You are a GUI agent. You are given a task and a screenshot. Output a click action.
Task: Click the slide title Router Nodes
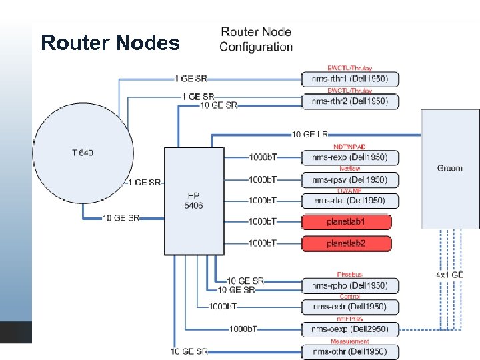coord(110,43)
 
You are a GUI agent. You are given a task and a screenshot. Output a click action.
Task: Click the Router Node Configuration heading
coord(256,39)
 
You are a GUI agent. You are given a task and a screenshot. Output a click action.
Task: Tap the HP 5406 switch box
coord(194,200)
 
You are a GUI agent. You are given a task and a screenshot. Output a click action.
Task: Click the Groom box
coord(449,169)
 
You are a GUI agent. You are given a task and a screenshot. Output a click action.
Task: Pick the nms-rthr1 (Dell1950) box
coord(350,79)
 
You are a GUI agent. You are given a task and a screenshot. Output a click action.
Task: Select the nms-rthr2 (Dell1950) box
coord(350,101)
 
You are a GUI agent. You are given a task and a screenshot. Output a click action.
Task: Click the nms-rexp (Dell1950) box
coord(350,157)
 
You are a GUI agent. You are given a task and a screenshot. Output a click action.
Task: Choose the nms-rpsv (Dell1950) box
coord(350,180)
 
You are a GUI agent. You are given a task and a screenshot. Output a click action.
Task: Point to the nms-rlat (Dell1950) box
coord(350,200)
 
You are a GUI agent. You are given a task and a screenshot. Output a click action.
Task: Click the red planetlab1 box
coord(347,221)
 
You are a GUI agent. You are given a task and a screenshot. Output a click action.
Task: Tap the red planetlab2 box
coord(347,243)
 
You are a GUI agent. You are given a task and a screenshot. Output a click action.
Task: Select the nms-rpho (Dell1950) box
coord(350,285)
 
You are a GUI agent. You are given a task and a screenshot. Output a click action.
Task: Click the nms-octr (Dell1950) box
coord(350,307)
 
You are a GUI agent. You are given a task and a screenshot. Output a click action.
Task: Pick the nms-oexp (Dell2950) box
coord(350,329)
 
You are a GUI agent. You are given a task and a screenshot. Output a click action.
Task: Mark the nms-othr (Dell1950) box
coord(350,351)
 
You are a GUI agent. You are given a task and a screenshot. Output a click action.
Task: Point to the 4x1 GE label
coord(450,275)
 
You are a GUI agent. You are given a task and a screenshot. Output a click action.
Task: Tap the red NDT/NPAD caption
coord(349,147)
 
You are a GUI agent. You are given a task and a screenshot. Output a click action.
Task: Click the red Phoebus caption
coord(349,275)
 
